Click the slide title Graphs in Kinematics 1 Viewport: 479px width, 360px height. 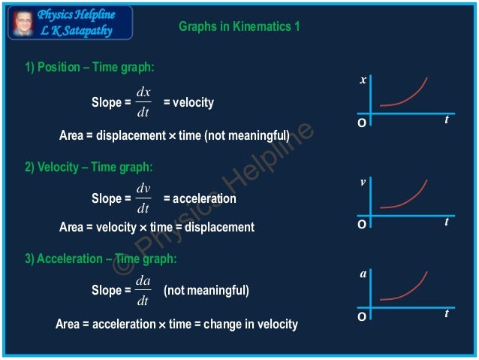239,26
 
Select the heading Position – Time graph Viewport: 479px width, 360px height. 90,68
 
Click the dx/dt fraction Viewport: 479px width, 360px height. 143,102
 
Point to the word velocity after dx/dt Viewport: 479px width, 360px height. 194,102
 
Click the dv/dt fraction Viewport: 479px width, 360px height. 143,198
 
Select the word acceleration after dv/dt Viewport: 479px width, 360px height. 204,198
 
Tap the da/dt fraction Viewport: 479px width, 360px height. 143,290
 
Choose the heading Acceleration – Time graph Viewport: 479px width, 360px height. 101,259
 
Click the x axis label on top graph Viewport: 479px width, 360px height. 363,80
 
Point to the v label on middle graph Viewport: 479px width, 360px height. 363,182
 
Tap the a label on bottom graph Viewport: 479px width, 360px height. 363,274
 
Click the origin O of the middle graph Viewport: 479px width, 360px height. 362,224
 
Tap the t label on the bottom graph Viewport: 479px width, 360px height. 447,313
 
